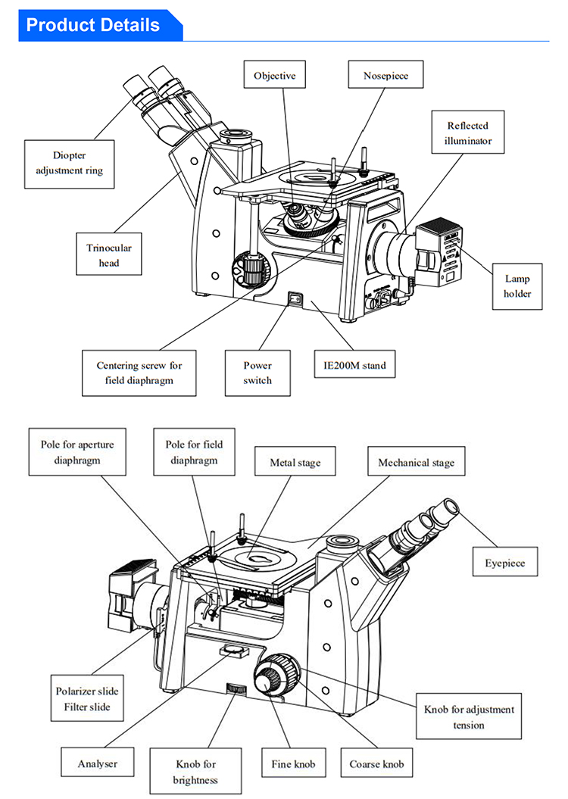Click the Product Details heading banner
pos(101,25)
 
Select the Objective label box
pos(275,74)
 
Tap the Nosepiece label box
pos(385,74)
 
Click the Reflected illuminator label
pos(467,132)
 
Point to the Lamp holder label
pos(517,286)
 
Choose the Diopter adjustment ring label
pos(69,164)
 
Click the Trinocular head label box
pos(109,254)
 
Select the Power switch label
pos(257,373)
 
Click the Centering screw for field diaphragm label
pos(139,373)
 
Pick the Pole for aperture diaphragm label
pos(77,452)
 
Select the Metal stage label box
pos(295,461)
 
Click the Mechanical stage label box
pos(417,461)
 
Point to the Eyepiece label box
pos(505,561)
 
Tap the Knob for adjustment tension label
pos(469,716)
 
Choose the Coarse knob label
pos(376,763)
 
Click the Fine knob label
pos(293,763)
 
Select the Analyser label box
pos(97,763)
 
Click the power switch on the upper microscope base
pos(295,298)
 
